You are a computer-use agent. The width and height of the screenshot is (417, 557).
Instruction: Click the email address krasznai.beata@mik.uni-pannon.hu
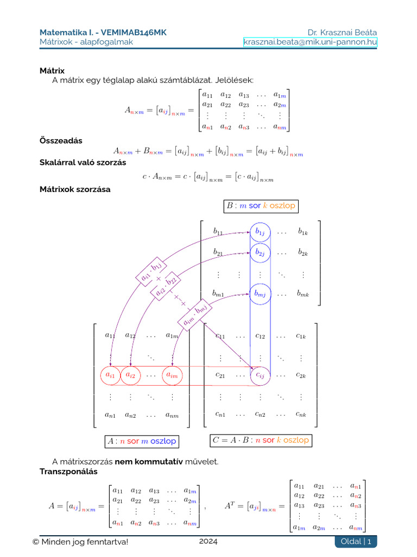[310, 42]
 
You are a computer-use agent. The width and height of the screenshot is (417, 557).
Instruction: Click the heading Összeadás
[61, 140]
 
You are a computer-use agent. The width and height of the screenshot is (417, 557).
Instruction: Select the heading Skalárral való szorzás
[83, 162]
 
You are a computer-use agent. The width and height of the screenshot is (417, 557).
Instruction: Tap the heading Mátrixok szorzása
[75, 189]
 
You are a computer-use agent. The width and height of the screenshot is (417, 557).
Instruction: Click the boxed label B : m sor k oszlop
[260, 206]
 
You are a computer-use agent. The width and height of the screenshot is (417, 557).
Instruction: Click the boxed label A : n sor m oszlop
[142, 441]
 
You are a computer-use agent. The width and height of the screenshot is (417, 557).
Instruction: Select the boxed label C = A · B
[260, 440]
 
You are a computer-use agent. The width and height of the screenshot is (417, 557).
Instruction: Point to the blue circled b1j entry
[260, 232]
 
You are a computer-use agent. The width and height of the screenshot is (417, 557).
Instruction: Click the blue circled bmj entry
[260, 294]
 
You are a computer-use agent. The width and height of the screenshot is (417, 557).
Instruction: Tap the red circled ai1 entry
[110, 375]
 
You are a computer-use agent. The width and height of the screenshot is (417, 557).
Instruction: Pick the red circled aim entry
[172, 375]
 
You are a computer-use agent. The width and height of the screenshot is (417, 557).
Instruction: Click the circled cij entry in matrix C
[260, 375]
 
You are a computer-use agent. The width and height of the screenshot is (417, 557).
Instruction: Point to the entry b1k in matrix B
[302, 232]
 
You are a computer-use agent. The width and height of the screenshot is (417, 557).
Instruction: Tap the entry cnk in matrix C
[302, 414]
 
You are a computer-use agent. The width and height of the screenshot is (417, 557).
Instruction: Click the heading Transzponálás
[68, 471]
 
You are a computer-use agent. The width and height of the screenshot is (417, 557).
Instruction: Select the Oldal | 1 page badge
[356, 541]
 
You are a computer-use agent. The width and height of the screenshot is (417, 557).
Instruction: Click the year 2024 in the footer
[208, 541]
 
